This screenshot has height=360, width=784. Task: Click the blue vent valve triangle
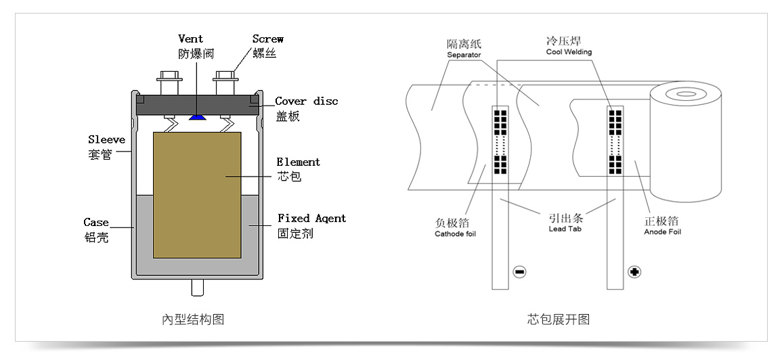[x=198, y=117]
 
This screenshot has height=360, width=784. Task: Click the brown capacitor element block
[x=197, y=195]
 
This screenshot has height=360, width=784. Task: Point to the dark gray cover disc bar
[x=197, y=104]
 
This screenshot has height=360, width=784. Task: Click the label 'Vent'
[x=190, y=39]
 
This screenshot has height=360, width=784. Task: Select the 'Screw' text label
[x=267, y=39]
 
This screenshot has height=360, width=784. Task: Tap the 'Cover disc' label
[x=306, y=102]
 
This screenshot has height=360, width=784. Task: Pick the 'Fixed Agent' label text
[x=311, y=219]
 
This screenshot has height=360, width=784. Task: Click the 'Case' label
[x=96, y=222]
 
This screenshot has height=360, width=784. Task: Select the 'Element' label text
[x=298, y=162]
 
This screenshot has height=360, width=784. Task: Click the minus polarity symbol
[x=519, y=272]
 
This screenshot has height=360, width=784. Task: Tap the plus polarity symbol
[x=634, y=272]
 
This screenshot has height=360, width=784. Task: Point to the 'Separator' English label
[x=464, y=55]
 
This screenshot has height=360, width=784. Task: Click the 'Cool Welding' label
[x=569, y=52]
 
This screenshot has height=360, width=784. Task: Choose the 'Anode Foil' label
[x=662, y=232]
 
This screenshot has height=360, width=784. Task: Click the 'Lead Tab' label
[x=565, y=229]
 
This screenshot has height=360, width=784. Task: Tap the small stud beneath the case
[x=197, y=288]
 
